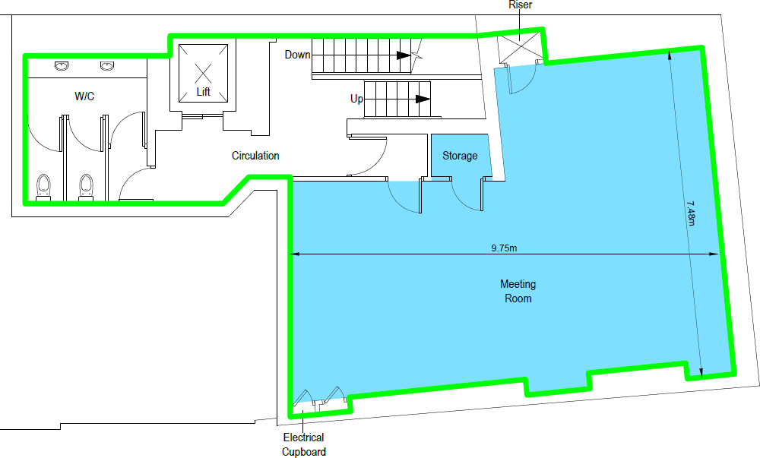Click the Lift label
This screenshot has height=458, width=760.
click(x=203, y=92)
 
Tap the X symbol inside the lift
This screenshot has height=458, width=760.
click(x=203, y=73)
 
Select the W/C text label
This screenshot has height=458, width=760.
click(x=84, y=96)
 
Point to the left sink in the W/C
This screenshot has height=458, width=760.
click(x=61, y=66)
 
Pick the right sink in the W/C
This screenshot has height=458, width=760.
click(x=106, y=66)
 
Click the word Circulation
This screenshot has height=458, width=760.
click(x=255, y=156)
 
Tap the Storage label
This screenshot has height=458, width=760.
click(x=460, y=156)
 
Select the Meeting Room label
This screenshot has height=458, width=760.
click(x=518, y=292)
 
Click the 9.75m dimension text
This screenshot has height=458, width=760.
click(x=505, y=248)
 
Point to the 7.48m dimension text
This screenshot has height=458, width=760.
click(x=690, y=213)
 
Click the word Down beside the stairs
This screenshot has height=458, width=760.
click(x=297, y=55)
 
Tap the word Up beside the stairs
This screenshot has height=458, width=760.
click(x=356, y=99)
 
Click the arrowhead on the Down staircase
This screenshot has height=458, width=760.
click(x=403, y=55)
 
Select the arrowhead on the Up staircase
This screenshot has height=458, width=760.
click(x=423, y=99)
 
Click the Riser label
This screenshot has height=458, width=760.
click(x=520, y=5)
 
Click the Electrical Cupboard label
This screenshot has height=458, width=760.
click(x=304, y=444)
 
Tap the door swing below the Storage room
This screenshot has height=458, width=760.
click(x=466, y=194)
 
